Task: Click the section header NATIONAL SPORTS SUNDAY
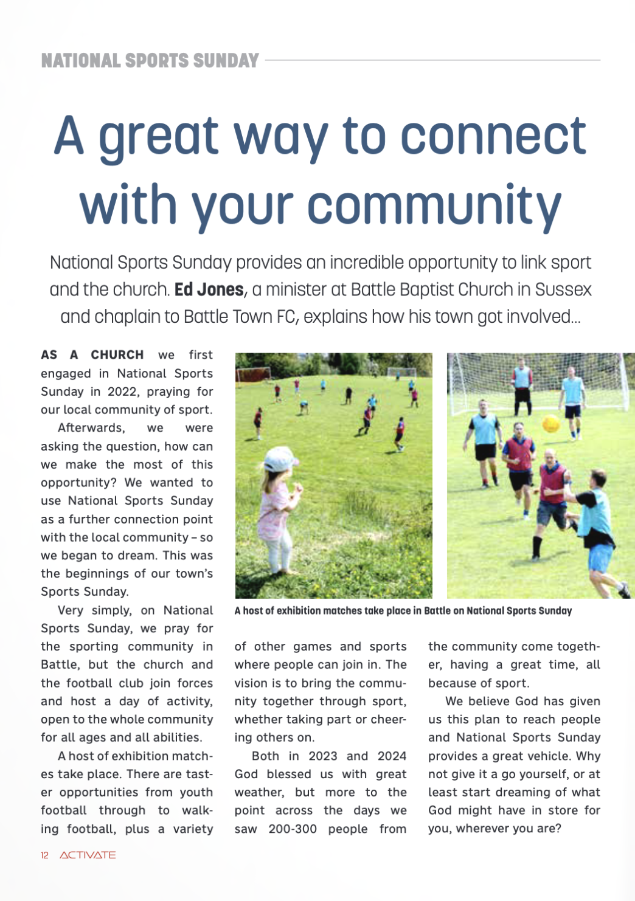pyautogui.click(x=150, y=61)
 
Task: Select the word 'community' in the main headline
pyautogui.click(x=434, y=205)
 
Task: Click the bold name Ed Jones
pyautogui.click(x=209, y=289)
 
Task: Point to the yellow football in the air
pyautogui.click(x=551, y=423)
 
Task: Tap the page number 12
pyautogui.click(x=44, y=855)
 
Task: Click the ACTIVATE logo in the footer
pyautogui.click(x=88, y=855)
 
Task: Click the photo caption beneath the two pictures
pyautogui.click(x=403, y=610)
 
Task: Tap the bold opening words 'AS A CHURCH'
pyautogui.click(x=92, y=355)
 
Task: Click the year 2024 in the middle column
pyautogui.click(x=392, y=756)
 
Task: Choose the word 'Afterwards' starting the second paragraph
pyautogui.click(x=91, y=428)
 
